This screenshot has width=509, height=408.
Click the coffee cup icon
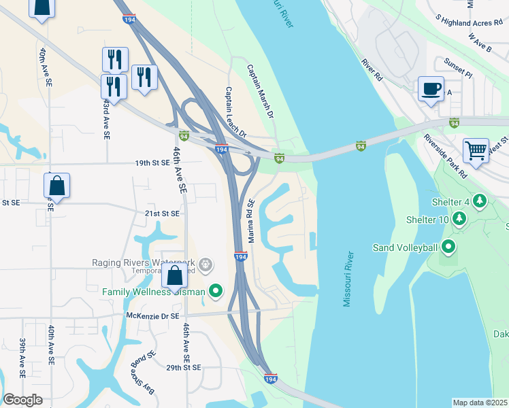(x=431, y=89)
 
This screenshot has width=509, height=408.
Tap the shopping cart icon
(x=476, y=150)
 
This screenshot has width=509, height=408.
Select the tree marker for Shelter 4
(x=480, y=201)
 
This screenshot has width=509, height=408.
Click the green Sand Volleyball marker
(x=448, y=246)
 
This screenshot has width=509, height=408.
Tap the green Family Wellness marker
(x=216, y=292)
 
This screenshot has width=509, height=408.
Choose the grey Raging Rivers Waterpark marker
(x=206, y=263)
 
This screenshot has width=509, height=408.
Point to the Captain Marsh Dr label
(x=260, y=92)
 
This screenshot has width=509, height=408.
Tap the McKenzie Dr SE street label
(x=152, y=316)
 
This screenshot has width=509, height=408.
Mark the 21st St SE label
(x=161, y=213)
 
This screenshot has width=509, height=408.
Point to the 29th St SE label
(x=183, y=367)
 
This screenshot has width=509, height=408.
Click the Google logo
(x=22, y=400)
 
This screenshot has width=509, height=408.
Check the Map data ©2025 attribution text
(x=479, y=403)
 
